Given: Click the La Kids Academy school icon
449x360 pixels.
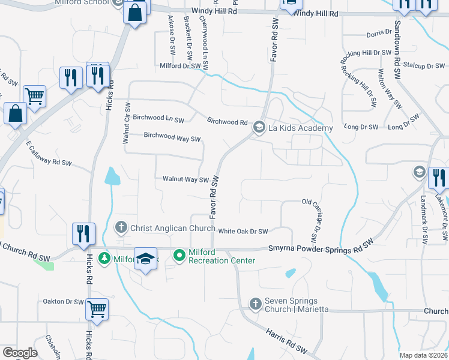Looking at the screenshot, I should click(x=259, y=127).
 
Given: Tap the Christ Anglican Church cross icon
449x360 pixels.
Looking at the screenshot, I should click(x=121, y=227).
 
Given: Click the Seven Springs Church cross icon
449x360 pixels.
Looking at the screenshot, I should click(x=255, y=304).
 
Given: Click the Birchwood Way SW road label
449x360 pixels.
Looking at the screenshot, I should click(x=172, y=137).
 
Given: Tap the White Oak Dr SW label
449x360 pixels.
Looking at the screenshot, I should click(x=243, y=230).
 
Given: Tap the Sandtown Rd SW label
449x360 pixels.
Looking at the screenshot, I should click(x=397, y=50).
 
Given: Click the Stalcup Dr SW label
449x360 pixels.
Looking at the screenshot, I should click(x=424, y=65).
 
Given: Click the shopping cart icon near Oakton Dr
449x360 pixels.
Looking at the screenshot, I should click(x=97, y=308).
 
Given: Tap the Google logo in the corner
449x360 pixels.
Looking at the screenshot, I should click(x=19, y=353).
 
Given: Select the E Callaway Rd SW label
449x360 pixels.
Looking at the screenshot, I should click(x=49, y=154).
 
